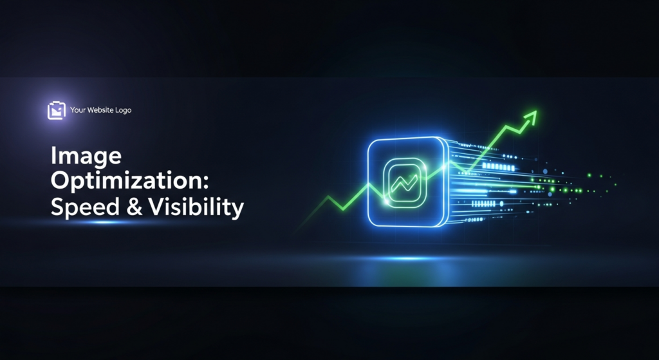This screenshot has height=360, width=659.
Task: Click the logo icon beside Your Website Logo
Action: [57, 110]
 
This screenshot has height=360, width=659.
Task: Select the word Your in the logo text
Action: [78, 110]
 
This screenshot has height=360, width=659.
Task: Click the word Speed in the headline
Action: [80, 207]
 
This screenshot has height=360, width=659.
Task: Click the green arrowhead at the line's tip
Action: [532, 116]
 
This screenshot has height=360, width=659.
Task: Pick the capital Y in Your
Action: [73, 110]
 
